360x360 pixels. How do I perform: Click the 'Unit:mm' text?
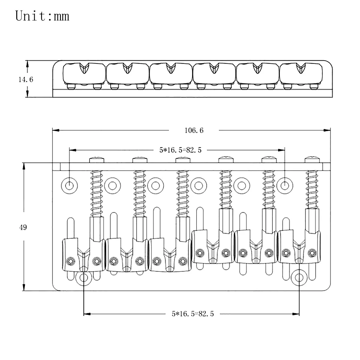click(42, 16)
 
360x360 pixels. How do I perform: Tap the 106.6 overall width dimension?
click(193, 130)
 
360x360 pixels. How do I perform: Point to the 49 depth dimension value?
click(23, 227)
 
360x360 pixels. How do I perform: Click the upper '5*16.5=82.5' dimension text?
click(180, 150)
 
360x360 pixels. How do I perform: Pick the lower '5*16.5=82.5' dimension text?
click(193, 314)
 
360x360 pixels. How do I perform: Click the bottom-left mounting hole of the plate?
click(83, 277)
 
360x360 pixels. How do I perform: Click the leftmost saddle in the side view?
click(84, 73)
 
